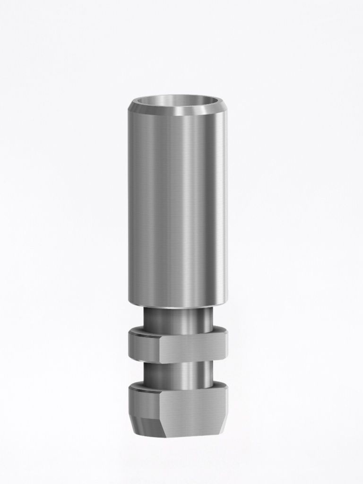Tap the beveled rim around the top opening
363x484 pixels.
pos(177,112)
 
